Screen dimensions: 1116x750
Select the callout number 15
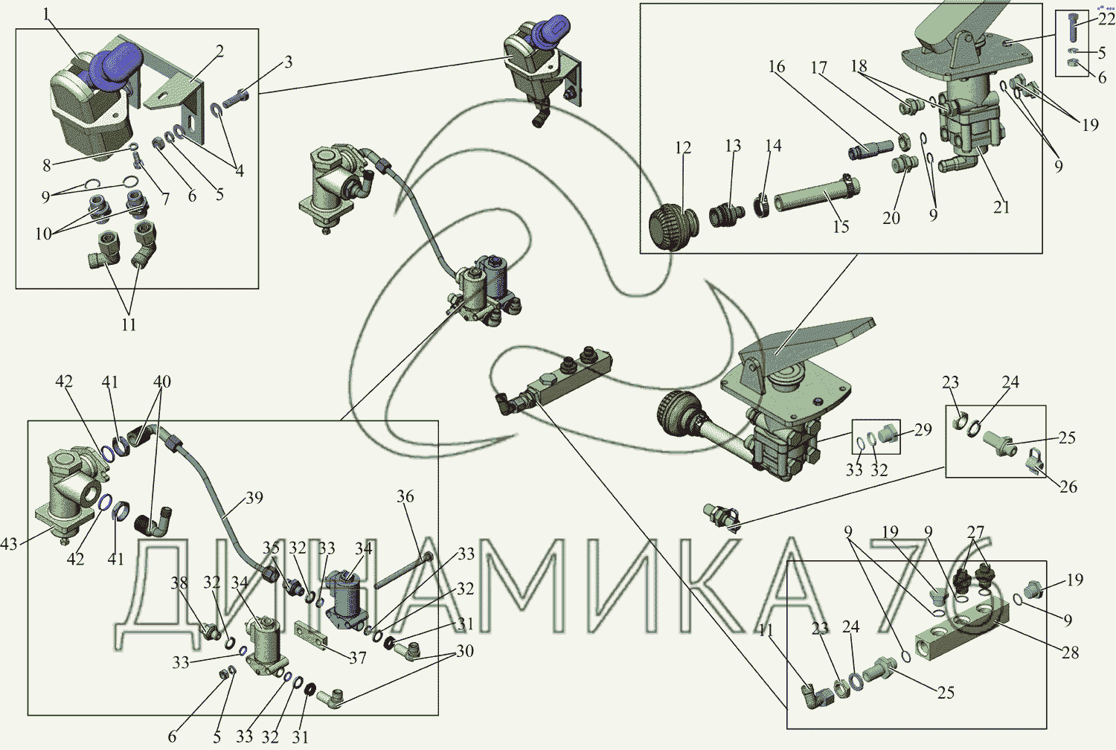841,226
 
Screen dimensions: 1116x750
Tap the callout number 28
1070,652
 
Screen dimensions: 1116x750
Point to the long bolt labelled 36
403,570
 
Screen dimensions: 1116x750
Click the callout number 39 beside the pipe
254,497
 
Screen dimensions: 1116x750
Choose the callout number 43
8,543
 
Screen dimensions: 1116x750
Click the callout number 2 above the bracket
219,51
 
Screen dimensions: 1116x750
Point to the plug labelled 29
888,435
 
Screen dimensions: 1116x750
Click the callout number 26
1068,486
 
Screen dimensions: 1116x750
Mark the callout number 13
733,146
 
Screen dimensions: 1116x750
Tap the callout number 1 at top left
46,14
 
